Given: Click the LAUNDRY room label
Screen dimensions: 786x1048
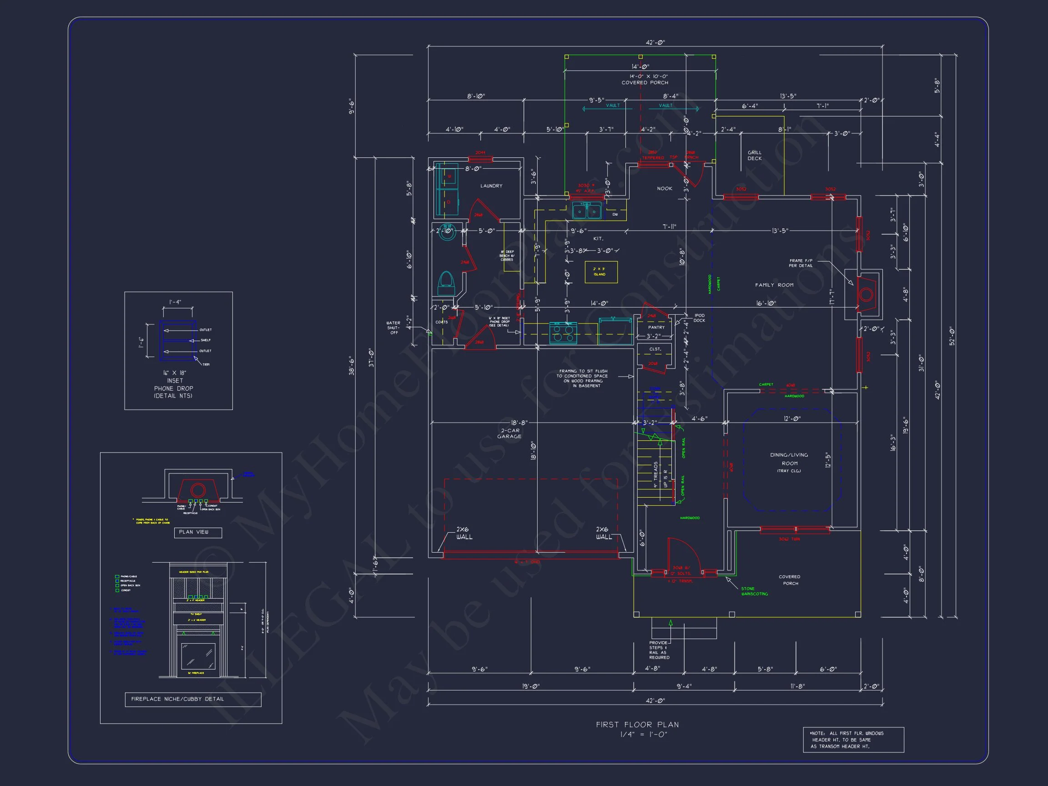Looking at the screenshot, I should tap(491, 186).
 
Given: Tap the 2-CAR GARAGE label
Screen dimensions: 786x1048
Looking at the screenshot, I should tap(509, 433).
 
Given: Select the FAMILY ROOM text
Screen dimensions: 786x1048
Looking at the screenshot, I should tap(774, 285).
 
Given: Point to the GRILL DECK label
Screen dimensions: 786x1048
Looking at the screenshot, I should tap(754, 156).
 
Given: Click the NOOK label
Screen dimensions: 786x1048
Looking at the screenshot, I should tap(664, 189).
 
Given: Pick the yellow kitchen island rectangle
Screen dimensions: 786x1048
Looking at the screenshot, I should tap(601, 272).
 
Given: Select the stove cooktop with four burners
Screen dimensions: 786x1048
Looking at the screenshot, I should tap(563, 332).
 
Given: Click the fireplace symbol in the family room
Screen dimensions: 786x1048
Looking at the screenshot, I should tap(866, 294).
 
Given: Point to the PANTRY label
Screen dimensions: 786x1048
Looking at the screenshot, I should tap(656, 327).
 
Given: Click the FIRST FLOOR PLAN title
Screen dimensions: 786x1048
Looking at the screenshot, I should tap(637, 725).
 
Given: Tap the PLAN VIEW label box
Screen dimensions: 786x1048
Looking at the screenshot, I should tap(197, 532).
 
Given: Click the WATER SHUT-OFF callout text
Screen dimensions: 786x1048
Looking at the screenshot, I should tap(393, 328).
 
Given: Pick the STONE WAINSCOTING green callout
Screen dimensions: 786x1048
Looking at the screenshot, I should tap(754, 591).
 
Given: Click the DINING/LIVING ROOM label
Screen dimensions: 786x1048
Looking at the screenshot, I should tap(789, 459).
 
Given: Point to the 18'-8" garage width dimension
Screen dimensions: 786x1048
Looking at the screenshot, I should tap(519, 423).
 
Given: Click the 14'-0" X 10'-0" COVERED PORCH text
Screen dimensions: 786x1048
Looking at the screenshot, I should tap(645, 79).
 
